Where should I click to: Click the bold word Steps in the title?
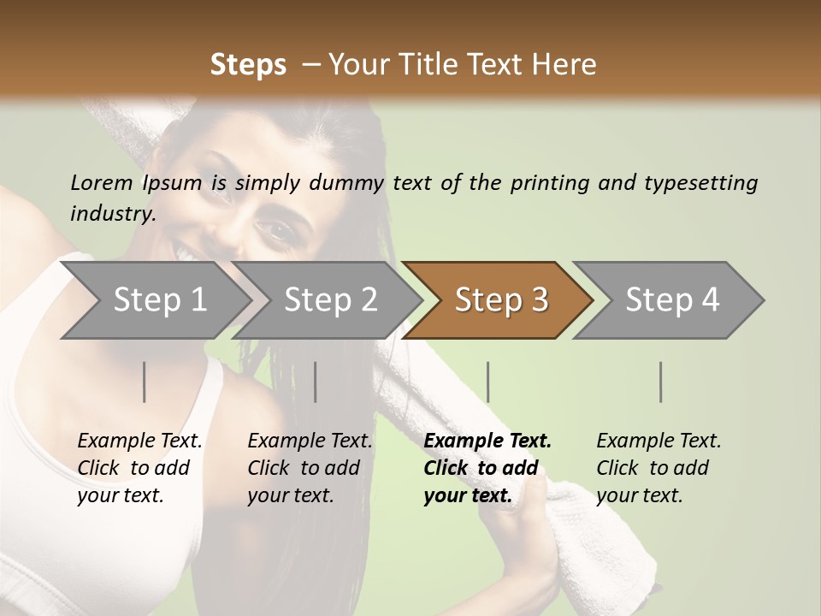tap(248, 65)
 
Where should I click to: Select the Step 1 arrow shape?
tap(154, 300)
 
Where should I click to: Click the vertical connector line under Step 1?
tap(145, 382)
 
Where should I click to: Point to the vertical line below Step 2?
tap(316, 382)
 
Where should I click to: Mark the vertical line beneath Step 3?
tap(488, 382)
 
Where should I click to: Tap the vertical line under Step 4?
tap(661, 382)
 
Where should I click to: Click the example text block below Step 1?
tap(139, 468)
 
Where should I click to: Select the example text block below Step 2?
tap(310, 468)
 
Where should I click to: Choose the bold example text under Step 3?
tap(487, 468)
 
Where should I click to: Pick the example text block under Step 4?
tap(659, 468)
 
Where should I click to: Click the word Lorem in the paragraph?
tap(101, 182)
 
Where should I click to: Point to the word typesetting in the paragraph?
tap(700, 183)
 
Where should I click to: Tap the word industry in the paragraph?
tap(112, 214)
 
